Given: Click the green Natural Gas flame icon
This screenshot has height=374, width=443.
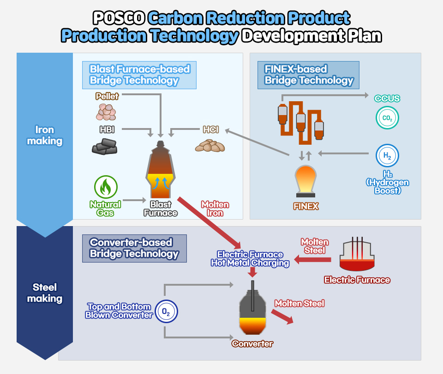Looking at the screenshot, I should pos(106,187).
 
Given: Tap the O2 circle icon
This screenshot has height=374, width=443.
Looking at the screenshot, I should pos(166,312).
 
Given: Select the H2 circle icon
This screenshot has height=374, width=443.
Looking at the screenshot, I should pos(387,156).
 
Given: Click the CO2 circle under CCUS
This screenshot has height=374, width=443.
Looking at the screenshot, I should pos(387,117).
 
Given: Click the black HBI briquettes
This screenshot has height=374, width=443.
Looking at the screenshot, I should pos(104,146).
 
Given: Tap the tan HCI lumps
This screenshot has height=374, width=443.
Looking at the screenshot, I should pos(210,146).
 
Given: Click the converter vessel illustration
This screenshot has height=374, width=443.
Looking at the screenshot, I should pos(253,312).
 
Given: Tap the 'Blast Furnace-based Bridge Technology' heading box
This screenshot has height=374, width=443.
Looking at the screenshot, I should pos(139,75).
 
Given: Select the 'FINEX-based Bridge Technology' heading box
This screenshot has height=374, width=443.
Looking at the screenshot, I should pos(308,75).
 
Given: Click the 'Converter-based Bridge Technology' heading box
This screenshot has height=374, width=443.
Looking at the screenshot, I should pos(134,248).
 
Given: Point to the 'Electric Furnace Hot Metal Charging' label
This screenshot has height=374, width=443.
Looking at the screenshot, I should pos(250,258).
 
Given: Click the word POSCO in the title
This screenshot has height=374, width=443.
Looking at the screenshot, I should pos(119,18).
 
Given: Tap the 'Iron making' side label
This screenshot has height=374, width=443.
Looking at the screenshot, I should pos(44,135).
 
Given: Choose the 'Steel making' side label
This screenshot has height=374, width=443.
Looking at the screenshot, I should pos(44,293).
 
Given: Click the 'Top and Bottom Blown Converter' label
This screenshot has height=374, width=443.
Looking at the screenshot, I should pos(119,311).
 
